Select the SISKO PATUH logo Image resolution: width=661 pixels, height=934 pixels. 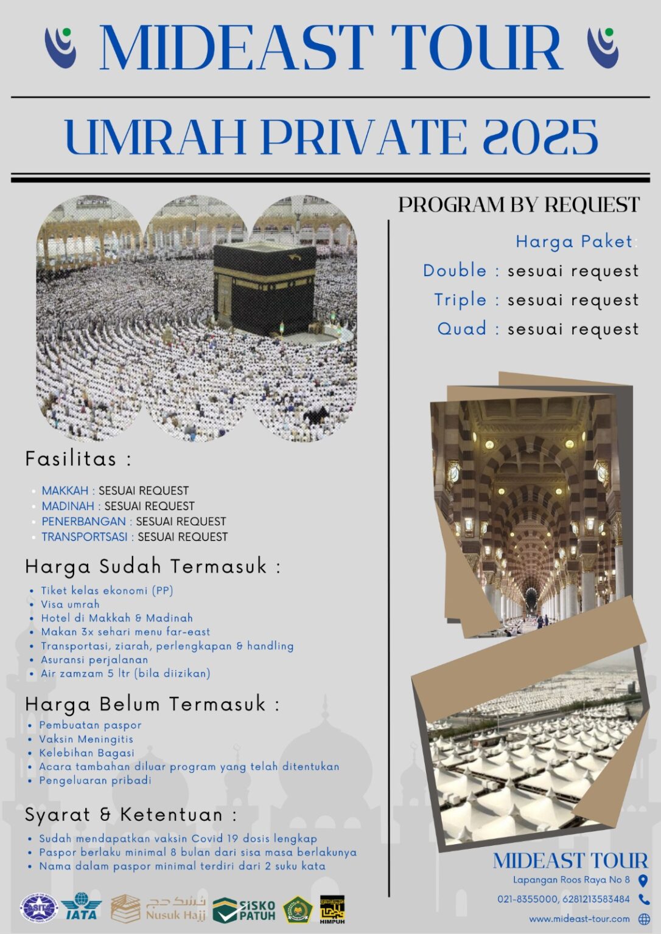(245, 910)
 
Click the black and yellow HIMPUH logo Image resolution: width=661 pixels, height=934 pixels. (332, 910)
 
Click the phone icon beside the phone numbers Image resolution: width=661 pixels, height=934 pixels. (643, 899)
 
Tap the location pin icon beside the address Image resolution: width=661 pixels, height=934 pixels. (643, 880)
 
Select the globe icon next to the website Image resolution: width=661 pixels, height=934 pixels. (643, 918)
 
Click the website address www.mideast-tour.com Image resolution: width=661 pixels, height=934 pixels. (579, 918)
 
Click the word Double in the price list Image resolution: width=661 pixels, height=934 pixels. (455, 271)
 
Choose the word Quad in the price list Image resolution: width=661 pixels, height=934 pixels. (462, 328)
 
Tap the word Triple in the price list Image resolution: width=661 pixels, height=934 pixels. (460, 300)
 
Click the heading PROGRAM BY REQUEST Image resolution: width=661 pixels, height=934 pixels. (519, 205)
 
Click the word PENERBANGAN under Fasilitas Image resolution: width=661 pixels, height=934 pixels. (83, 521)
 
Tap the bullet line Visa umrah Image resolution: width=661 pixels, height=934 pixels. (70, 604)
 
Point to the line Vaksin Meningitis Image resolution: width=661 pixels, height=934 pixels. (86, 739)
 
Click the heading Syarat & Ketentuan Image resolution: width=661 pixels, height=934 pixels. (130, 814)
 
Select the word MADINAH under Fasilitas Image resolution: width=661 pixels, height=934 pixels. (68, 506)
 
